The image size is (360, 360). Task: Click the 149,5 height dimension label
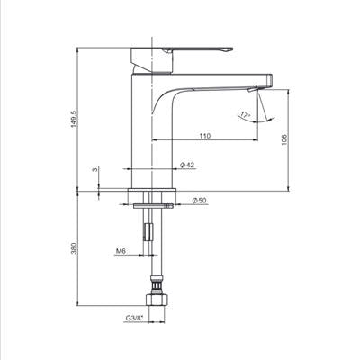click(74, 119)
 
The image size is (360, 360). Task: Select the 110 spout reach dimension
click(205, 136)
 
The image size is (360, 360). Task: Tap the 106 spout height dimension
click(284, 139)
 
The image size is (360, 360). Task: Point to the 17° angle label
click(245, 115)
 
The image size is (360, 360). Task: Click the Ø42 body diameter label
click(186, 165)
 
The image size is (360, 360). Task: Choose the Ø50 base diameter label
click(200, 201)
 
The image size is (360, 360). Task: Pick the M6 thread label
click(120, 251)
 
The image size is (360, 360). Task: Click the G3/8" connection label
click(135, 318)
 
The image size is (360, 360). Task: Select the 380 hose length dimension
click(74, 248)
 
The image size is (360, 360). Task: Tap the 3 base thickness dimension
click(95, 169)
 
